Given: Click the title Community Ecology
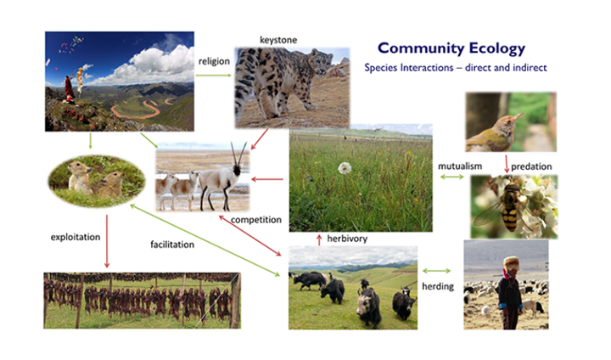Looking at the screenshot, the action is pos(451,48).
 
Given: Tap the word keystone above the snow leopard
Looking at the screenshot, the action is pos(278,40).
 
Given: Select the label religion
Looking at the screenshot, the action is pos(214,61).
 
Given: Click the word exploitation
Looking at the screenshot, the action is pos(76,237).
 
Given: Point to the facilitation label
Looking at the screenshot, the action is pos(172,245).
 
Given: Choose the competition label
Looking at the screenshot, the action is pos(256,220).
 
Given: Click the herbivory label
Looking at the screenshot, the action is pos(347,239).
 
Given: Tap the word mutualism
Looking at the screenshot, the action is pos(460,166).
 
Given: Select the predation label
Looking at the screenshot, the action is pos(531,166).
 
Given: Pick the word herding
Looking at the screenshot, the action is pos(438,286).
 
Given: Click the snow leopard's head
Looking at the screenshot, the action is pos(321,62).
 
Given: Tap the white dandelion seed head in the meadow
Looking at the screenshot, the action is pos(345,168).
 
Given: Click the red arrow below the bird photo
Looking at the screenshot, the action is pos(507,164).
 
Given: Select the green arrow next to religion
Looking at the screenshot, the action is pos(214,76).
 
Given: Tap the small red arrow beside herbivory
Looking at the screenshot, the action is pos(319,240).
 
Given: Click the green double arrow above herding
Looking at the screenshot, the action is pos(436,271).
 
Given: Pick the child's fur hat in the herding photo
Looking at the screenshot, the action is pos(511,264).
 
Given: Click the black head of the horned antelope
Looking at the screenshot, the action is pos(237,170).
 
